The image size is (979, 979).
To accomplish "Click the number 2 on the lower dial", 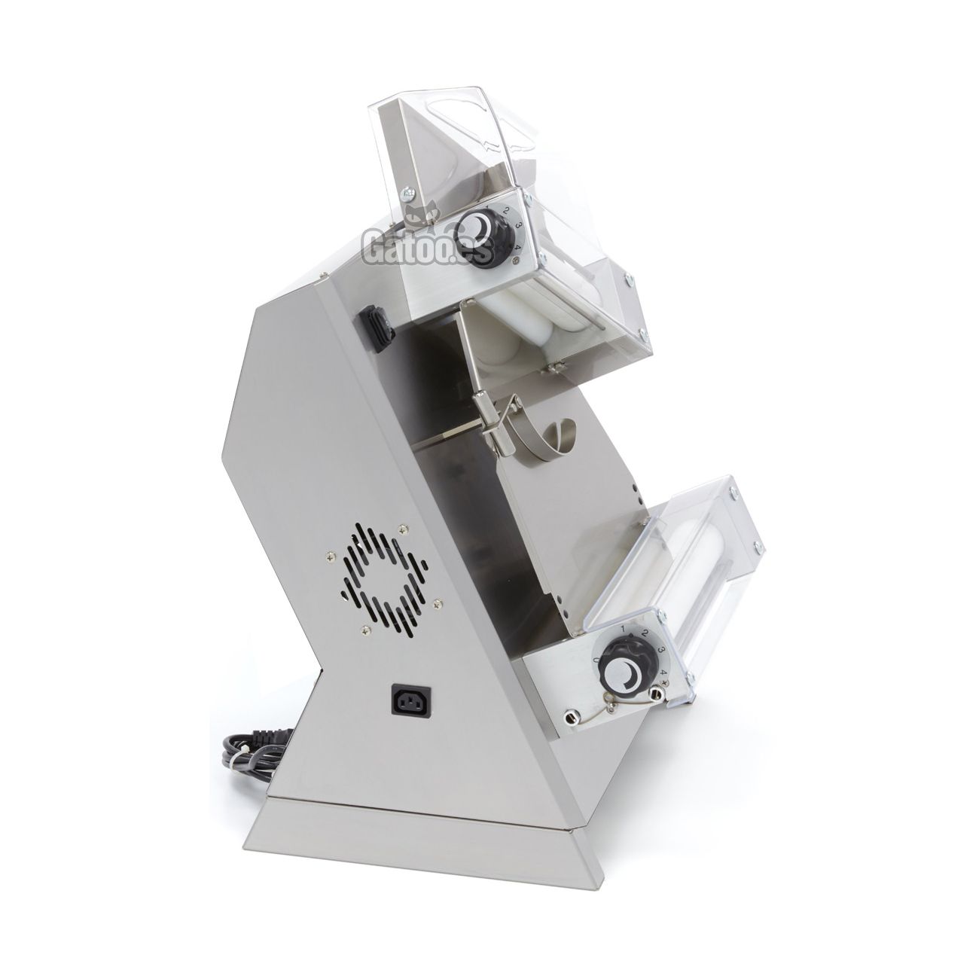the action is [x=645, y=634].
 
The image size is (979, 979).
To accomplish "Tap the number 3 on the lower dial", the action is [x=659, y=650].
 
